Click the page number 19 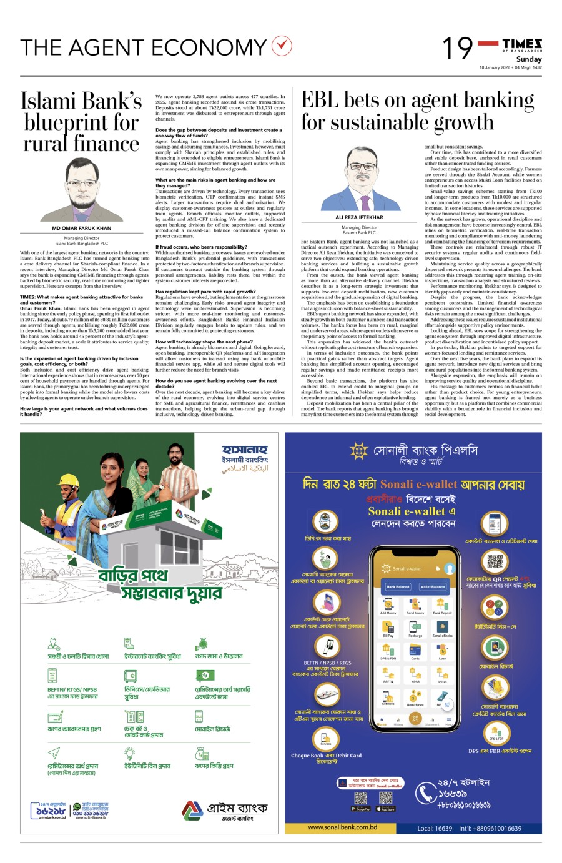[458, 48]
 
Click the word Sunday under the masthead [529, 59]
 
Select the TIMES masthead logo [522, 44]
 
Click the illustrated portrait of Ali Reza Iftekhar [359, 179]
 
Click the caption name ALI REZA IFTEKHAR [359, 217]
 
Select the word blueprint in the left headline [81, 122]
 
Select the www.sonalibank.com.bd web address [342, 827]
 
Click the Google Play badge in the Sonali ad [361, 809]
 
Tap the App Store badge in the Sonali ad [386, 809]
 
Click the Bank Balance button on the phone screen [398, 586]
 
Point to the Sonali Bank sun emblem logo [359, 451]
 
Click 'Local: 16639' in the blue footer [435, 828]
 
